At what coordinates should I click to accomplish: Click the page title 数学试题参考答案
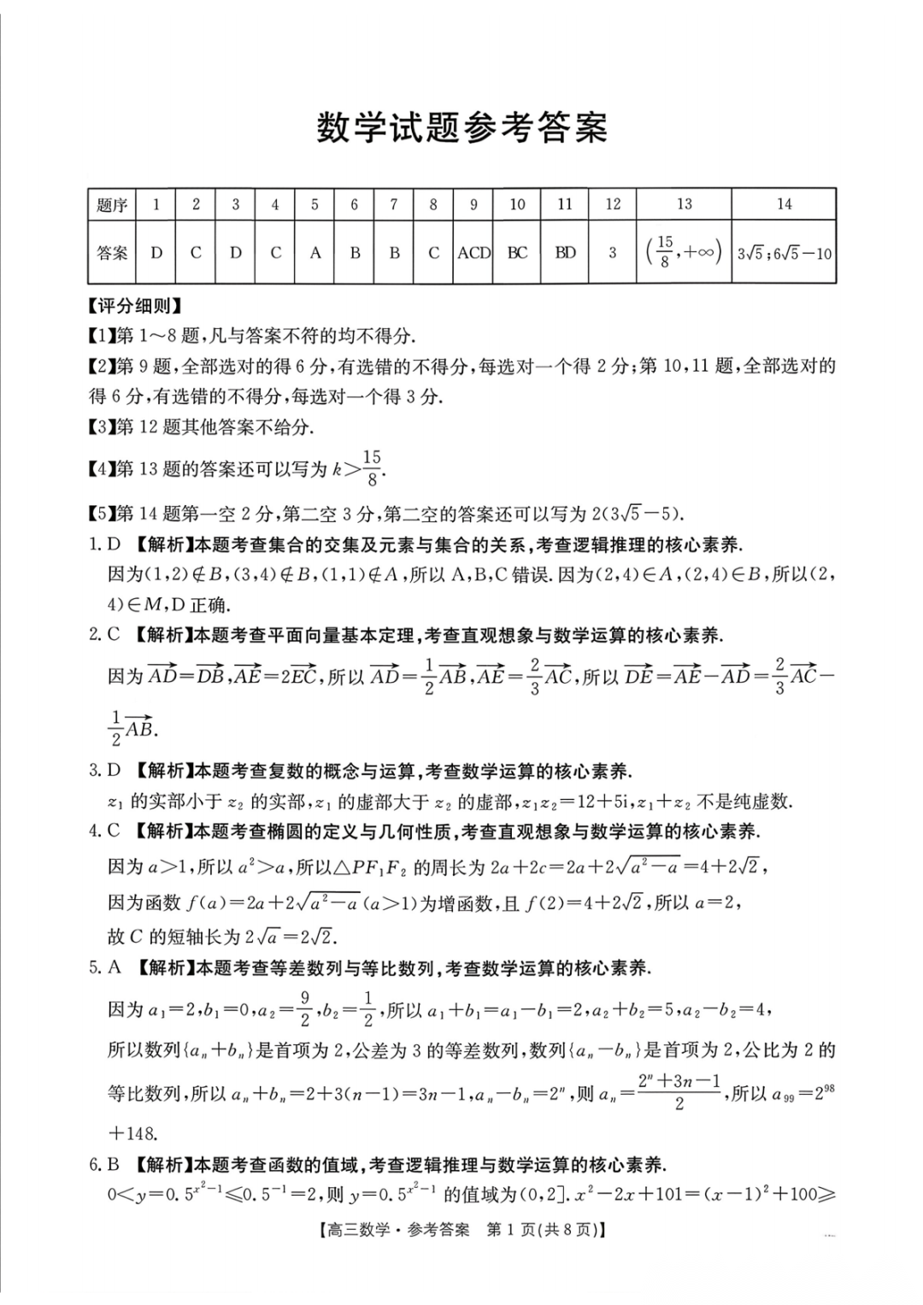tap(461, 128)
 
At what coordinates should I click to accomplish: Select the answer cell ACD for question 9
tap(473, 253)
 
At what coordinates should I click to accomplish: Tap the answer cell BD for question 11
tap(565, 253)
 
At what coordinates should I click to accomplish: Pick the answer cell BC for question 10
tap(517, 253)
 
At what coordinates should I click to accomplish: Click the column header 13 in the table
tap(684, 204)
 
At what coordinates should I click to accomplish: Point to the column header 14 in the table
tap(784, 204)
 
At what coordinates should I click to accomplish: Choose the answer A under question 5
tap(315, 253)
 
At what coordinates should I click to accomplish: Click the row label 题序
tap(111, 205)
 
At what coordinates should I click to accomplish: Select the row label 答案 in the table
tap(111, 253)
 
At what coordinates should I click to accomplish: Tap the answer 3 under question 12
tap(612, 253)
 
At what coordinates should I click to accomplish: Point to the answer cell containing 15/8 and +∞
tap(684, 252)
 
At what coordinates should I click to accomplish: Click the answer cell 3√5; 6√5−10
tap(784, 254)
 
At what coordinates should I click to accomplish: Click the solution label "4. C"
tap(105, 831)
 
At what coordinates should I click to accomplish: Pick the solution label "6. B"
tap(105, 1164)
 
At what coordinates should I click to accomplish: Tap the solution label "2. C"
tap(105, 635)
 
